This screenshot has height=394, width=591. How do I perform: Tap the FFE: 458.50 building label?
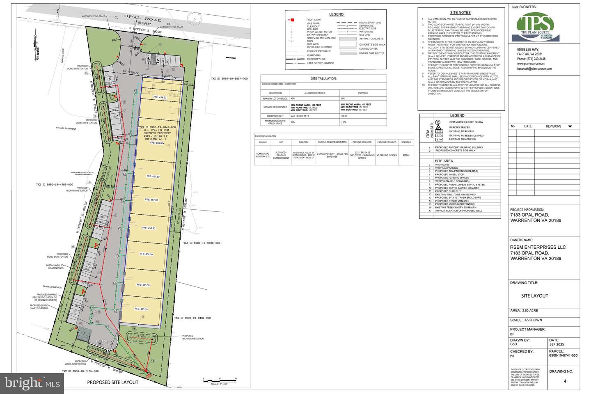click(x=160, y=97)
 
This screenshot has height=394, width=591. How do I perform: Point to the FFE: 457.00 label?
click(x=151, y=199)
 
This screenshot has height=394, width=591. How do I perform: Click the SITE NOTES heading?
click(x=460, y=13)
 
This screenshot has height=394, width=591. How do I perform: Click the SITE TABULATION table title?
click(x=323, y=78)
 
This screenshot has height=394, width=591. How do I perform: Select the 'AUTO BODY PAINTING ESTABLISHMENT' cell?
click(x=281, y=156)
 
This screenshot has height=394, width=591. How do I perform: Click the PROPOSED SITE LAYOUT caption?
click(x=112, y=382)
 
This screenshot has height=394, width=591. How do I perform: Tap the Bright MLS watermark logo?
click(x=32, y=383)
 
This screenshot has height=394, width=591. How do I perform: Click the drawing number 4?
click(x=565, y=381)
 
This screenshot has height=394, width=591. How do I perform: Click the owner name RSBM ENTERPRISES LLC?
click(x=538, y=247)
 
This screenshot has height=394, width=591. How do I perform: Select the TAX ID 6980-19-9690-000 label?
click(x=202, y=243)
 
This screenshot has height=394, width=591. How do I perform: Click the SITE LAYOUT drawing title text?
click(x=534, y=295)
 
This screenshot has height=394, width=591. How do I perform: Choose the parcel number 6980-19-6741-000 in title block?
click(x=563, y=355)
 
